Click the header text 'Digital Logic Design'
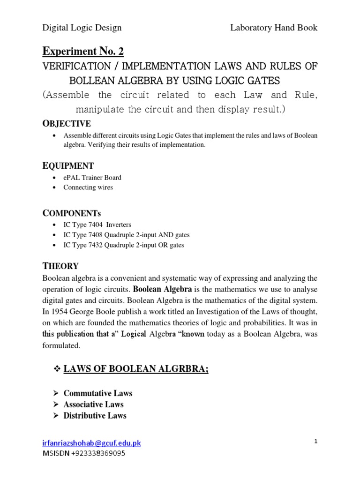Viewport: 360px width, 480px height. pos(82,28)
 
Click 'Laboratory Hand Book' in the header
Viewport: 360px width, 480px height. pos(274,28)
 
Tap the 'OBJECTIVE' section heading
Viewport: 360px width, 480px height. pos(67,124)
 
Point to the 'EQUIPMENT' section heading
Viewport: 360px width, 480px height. pos(68,165)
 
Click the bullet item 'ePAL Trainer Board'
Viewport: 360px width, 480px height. pos(92,178)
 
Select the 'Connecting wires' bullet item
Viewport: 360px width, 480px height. pos(88,187)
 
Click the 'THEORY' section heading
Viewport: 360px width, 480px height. pos(60,266)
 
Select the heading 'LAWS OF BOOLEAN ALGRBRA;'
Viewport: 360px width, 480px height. pos(136,370)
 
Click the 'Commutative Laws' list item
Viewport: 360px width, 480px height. pos(98,393)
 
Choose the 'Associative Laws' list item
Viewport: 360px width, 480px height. pos(94,404)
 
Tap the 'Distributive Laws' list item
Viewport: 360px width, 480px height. pos(95,415)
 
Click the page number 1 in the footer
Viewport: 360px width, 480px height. pos(316,441)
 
